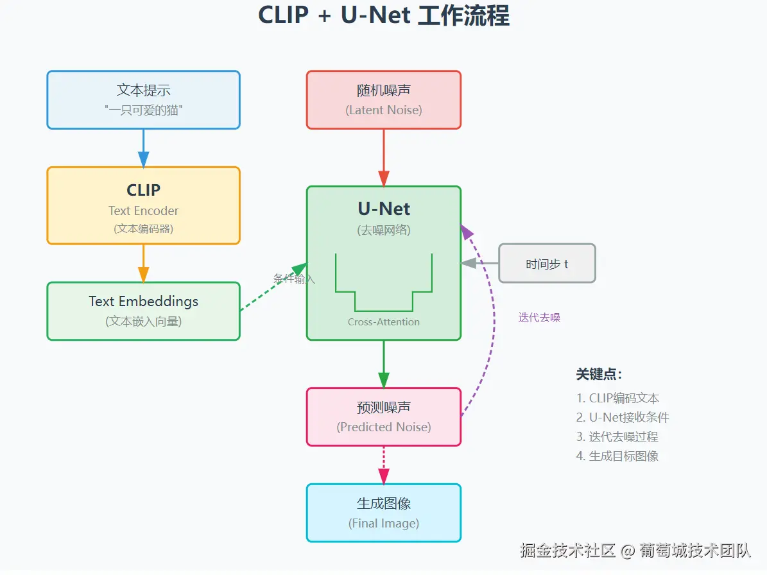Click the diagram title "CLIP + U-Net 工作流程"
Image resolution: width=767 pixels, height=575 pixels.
coord(383,15)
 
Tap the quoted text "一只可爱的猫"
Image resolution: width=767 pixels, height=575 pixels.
coord(143,110)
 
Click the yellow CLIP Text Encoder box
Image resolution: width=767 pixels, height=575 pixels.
coord(143,205)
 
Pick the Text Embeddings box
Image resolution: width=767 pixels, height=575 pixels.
coord(143,311)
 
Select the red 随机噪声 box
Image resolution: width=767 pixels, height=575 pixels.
coord(383,99)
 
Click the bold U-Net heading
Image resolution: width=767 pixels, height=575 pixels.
coord(384,209)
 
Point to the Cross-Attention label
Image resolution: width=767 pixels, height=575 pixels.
coord(384,322)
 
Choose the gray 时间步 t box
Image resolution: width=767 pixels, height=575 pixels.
coord(547,263)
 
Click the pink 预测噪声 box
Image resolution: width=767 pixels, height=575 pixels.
coord(383,416)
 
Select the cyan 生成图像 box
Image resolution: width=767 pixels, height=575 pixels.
coord(383,513)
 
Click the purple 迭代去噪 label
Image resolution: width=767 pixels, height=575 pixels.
coord(539,318)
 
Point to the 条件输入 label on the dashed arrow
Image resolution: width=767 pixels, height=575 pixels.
coord(294,279)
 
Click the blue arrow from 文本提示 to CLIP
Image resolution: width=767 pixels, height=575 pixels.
coord(143,148)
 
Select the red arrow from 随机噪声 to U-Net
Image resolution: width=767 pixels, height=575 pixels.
coord(384,158)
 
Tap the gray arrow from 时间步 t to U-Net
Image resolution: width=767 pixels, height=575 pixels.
coord(479,263)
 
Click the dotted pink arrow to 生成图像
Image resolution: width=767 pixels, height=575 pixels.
coord(384,465)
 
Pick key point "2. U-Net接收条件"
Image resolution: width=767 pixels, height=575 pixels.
coord(623,417)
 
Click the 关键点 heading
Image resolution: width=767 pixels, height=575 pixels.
coord(599,374)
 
